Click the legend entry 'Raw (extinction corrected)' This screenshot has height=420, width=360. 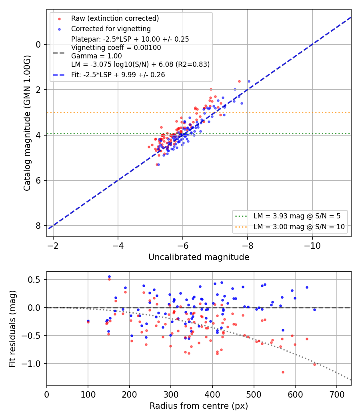pyautogui.click(x=115, y=18)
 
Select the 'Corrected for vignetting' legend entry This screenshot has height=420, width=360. pyautogui.click(x=111, y=29)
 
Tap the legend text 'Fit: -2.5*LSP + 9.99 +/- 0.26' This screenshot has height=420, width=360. pyautogui.click(x=118, y=75)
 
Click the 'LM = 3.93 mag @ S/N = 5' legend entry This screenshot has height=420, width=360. pyautogui.click(x=297, y=216)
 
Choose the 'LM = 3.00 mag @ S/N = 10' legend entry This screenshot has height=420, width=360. pyautogui.click(x=299, y=227)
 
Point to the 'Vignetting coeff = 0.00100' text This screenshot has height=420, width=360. pyautogui.click(x=116, y=48)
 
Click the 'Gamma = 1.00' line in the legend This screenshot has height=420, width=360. pyautogui.click(x=96, y=56)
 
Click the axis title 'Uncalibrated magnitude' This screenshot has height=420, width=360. pyautogui.click(x=199, y=257)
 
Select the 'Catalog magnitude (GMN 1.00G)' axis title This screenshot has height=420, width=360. pyautogui.click(x=27, y=123)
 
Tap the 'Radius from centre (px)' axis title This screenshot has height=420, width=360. pyautogui.click(x=199, y=406)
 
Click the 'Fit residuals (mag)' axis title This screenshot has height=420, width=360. pyautogui.click(x=12, y=329)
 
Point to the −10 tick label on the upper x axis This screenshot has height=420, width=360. pyautogui.click(x=312, y=246)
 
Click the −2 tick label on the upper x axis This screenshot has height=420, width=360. pyautogui.click(x=53, y=246)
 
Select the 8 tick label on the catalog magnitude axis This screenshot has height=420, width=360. pyautogui.click(x=38, y=226)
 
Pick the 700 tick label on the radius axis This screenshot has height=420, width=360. pyautogui.click(x=336, y=394)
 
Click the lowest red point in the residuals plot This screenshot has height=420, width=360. pyautogui.click(x=283, y=372)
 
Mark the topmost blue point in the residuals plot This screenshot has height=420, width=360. pyautogui.click(x=109, y=277)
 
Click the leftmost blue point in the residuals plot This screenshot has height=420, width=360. pyautogui.click(x=88, y=321)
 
